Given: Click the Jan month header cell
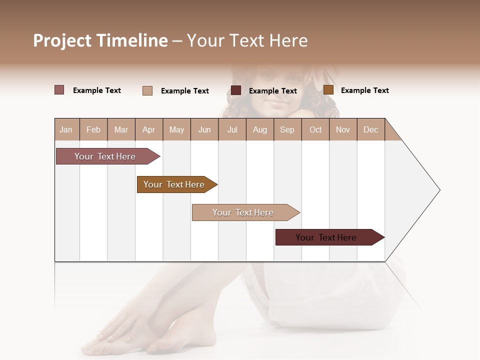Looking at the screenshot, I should pos(66,129).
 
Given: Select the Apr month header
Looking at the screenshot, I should pos(149,129).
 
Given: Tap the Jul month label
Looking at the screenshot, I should pos(232,129).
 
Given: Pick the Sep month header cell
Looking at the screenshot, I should pos(287,129).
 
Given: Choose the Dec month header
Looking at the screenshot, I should pos(370,129).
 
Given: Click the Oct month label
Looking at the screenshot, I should pos(315,129).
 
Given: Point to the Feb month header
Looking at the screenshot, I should pos(93,129).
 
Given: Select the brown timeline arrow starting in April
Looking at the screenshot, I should pos(175,184).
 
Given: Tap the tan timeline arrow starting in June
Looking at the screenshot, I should pos(244,212).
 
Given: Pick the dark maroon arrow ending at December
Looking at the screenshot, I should pos(327,237).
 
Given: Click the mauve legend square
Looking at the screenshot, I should pos(59,90).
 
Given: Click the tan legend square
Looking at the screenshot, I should pos(147,90).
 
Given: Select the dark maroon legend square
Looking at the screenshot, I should pos(236,90).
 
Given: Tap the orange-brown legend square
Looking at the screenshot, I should pos(328,90).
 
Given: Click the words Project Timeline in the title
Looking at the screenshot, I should pos(100,40).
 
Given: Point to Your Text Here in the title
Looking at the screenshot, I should pos(247,40).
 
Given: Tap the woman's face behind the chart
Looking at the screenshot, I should pos(272,95).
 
